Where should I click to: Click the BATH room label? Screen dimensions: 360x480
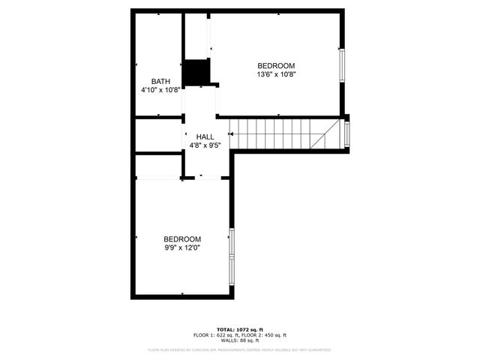point(160,82)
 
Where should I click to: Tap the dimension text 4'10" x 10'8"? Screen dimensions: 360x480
point(160,90)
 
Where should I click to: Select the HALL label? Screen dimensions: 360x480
point(205,136)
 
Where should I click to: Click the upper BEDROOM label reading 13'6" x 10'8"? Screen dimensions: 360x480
point(276,65)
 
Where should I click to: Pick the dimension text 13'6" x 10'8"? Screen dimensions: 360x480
point(276,74)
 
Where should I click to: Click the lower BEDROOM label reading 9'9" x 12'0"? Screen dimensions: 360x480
point(183,238)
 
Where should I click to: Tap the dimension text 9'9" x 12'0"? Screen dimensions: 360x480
point(183,247)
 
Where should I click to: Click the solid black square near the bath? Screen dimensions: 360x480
point(196,72)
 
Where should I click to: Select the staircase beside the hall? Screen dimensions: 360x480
point(277,134)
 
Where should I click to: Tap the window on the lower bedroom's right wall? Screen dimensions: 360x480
point(232,252)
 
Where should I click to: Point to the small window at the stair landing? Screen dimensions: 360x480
point(346,133)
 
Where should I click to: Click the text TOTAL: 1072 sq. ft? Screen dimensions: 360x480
point(240,329)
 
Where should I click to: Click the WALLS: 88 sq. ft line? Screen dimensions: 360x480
point(240,341)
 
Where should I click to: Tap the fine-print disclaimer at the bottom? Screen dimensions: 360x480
point(240,349)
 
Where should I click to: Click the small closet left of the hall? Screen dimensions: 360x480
point(158,136)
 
